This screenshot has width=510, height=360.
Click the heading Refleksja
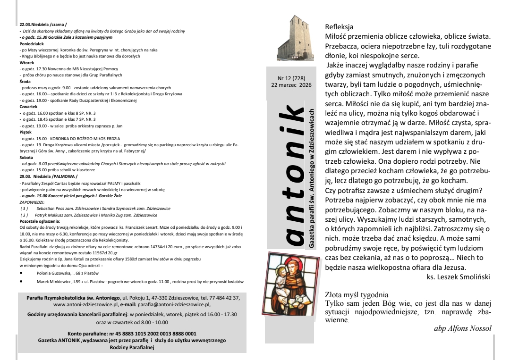(x=339, y=27)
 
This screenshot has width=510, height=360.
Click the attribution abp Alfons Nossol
(x=462, y=328)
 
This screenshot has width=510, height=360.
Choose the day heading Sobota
(x=26, y=157)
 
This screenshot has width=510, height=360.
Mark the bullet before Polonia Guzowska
(x=22, y=273)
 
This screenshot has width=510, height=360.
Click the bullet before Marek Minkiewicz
(x=22, y=282)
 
